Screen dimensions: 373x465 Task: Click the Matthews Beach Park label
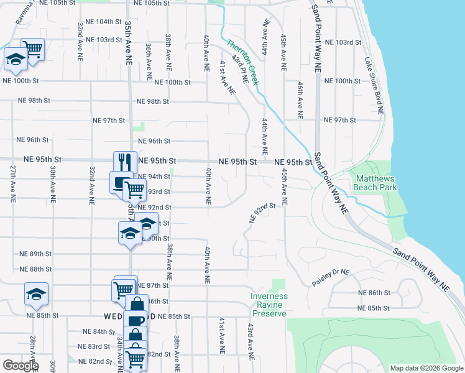click(x=375, y=182)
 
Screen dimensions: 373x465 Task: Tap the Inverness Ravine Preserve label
click(x=269, y=305)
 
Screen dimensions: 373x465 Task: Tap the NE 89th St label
click(x=36, y=254)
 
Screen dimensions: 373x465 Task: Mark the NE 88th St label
click(x=36, y=269)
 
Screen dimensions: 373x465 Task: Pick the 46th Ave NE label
click(x=300, y=99)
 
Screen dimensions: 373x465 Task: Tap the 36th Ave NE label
click(x=149, y=62)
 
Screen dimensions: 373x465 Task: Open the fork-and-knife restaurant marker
click(x=124, y=162)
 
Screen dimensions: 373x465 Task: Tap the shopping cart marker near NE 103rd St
click(x=32, y=48)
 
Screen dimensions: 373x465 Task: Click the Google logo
click(x=21, y=366)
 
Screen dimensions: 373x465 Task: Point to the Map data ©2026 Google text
click(x=426, y=368)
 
